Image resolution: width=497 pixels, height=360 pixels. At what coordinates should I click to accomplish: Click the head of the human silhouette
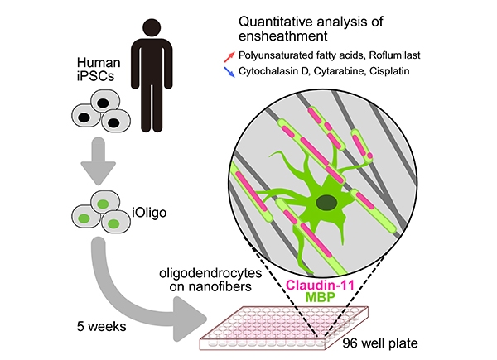point(152,28)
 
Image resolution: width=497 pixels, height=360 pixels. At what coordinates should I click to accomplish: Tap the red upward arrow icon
point(229,56)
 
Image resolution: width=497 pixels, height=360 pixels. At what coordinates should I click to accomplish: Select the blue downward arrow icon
point(229,72)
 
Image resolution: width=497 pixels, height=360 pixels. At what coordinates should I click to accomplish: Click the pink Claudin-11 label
point(320,285)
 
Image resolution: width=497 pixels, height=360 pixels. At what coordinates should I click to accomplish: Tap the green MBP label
point(320,298)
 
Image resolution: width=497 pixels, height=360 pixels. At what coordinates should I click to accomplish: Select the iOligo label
point(149,213)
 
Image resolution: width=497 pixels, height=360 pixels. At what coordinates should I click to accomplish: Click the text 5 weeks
point(101,326)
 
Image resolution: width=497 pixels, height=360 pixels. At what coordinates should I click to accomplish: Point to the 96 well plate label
point(380,343)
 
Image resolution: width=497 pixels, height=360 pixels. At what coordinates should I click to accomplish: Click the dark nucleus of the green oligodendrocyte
point(326,202)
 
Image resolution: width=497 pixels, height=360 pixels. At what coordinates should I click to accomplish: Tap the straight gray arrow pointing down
point(99,161)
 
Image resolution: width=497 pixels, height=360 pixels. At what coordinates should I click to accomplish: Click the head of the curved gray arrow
point(190,319)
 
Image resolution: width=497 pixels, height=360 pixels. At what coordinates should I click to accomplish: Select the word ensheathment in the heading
point(282,36)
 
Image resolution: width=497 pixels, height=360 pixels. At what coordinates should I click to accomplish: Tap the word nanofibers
point(210,287)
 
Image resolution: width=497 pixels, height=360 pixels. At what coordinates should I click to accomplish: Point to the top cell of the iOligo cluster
point(105,203)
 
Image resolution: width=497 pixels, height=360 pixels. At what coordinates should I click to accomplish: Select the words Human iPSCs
point(99,70)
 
